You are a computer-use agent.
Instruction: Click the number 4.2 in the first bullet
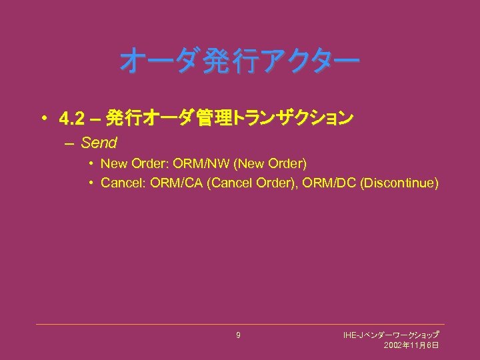pyautogui.click(x=71, y=119)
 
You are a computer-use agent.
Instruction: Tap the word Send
pyautogui.click(x=99, y=142)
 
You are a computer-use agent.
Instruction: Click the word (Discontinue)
pyautogui.click(x=399, y=183)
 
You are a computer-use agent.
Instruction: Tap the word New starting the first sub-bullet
pyautogui.click(x=113, y=163)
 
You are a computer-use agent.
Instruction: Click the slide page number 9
pyautogui.click(x=238, y=335)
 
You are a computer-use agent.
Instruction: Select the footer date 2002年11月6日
pyautogui.click(x=411, y=345)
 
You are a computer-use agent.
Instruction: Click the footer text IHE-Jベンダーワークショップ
pyautogui.click(x=391, y=334)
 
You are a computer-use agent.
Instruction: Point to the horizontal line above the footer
pyautogui.click(x=240, y=325)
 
